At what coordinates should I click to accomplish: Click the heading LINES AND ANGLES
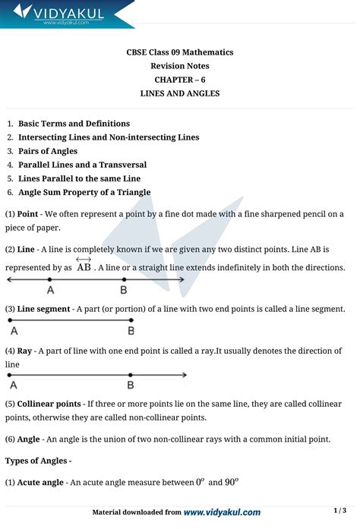coord(180,93)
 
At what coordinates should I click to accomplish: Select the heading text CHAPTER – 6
coord(180,79)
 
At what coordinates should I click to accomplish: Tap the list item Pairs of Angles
coord(48,151)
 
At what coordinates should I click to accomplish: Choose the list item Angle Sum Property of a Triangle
coord(84,192)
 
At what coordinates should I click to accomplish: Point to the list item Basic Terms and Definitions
coord(74,123)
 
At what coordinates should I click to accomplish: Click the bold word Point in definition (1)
coord(28,214)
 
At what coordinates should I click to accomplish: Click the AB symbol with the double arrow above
coord(84,266)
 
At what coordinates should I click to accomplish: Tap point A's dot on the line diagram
coord(49,280)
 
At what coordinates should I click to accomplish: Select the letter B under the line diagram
coord(123,290)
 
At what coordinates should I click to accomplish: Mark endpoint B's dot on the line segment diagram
coord(131,320)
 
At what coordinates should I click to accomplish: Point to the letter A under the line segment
coord(14,331)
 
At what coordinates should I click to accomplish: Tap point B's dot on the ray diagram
coord(131,376)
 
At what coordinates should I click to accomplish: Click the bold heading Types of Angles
coord(37,460)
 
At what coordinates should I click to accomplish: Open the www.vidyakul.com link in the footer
coord(222,512)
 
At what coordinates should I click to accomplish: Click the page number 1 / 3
coord(339,510)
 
